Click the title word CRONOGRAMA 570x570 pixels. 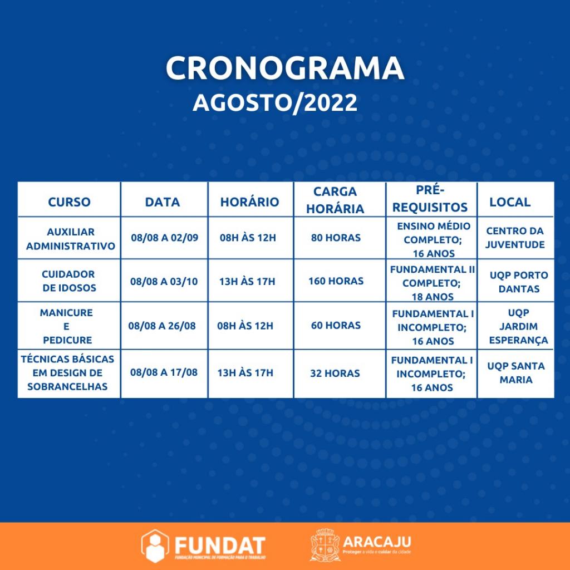point(285,68)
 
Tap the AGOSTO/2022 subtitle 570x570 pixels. point(275,103)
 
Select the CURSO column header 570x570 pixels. point(69,202)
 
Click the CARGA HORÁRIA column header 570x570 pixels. point(335,200)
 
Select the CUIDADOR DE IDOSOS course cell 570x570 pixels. point(68,281)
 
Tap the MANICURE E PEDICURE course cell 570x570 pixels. point(67,326)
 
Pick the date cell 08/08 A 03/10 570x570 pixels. point(164,281)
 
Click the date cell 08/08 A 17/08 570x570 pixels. point(164,372)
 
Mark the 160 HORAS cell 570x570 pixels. point(336,281)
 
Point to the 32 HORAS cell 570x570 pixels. point(335,373)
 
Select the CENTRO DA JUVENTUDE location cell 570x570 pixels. point(515,238)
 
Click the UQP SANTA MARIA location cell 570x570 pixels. point(516,372)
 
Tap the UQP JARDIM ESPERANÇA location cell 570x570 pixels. point(518,326)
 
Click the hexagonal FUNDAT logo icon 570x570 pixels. point(155,546)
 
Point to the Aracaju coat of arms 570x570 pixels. point(325,545)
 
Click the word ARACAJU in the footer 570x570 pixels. point(377,542)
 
